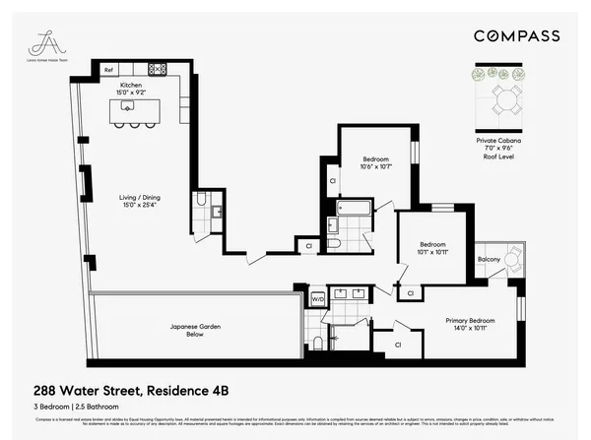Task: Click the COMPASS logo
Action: (x=516, y=36)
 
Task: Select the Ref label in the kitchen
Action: (x=108, y=69)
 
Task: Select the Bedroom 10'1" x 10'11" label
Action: (x=433, y=248)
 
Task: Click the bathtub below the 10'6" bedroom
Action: (x=354, y=209)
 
